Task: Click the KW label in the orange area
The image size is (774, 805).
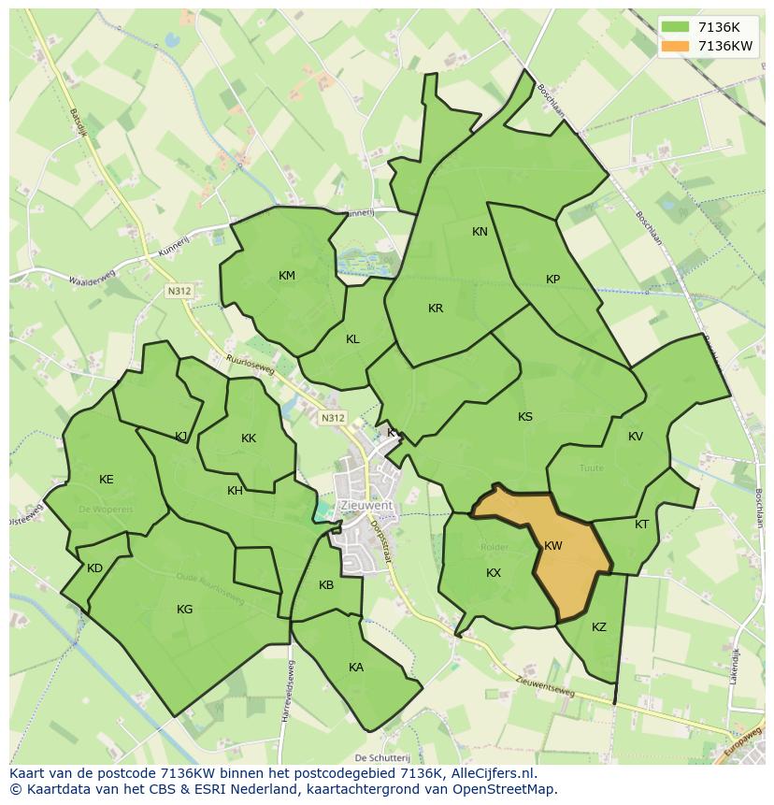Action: [552, 545]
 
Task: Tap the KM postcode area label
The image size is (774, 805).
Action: [287, 275]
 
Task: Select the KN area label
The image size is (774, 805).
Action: [480, 232]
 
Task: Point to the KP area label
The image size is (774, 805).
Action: [552, 280]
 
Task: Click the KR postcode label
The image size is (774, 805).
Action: [436, 309]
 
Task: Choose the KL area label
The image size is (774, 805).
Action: [352, 339]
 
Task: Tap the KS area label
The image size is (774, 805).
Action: [525, 417]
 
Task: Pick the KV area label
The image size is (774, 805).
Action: [636, 437]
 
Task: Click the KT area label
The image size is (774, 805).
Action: [641, 525]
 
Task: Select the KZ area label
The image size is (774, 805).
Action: [599, 627]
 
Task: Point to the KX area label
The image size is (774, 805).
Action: [494, 573]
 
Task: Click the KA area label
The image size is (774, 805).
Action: [356, 668]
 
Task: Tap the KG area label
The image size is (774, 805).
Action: [185, 610]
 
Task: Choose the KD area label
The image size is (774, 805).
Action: [94, 568]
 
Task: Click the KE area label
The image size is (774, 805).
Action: [107, 480]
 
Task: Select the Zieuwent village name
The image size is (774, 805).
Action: [367, 505]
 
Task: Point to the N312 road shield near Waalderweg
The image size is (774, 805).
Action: [179, 292]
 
